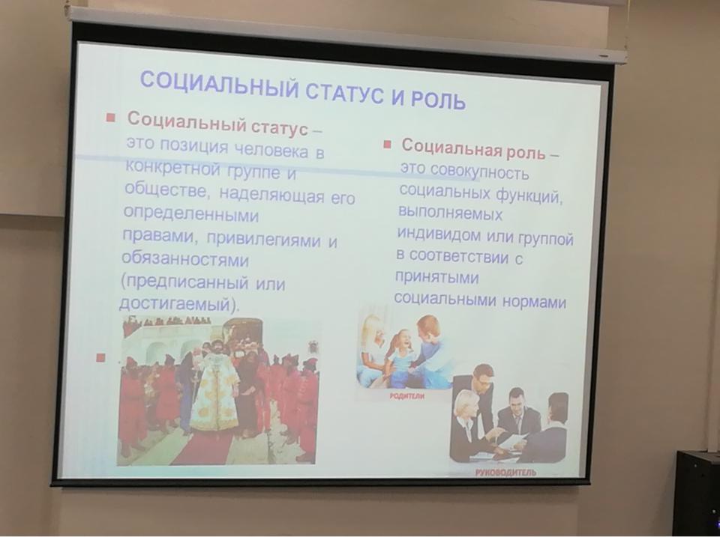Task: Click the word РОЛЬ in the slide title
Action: pos(438,98)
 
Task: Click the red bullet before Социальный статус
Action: pos(111,118)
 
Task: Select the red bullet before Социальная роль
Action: pos(388,145)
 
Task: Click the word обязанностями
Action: pos(185,259)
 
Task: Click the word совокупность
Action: pos(480,172)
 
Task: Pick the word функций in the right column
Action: pos(527,195)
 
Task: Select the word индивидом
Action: pos(439,234)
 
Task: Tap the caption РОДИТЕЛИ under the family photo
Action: pos(407,396)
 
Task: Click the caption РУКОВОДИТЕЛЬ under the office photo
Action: pos(505,473)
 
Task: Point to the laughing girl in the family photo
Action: pos(400,356)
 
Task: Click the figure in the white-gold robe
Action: pos(214,389)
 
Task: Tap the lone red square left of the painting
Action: pos(100,357)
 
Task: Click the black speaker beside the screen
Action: pos(696,493)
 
